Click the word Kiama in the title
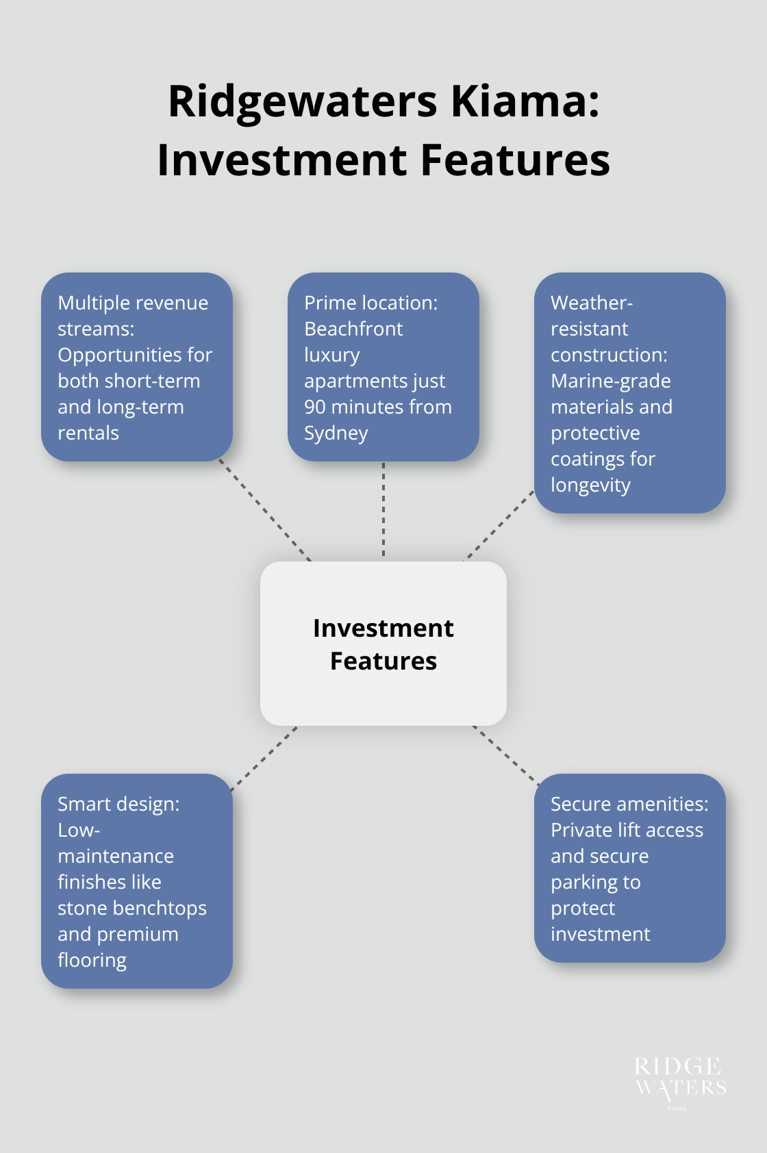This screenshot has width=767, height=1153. tap(525, 101)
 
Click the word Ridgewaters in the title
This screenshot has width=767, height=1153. tap(302, 101)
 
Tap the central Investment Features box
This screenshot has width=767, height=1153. tap(383, 644)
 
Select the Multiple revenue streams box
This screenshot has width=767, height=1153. tap(137, 367)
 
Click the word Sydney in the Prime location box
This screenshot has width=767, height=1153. tap(336, 433)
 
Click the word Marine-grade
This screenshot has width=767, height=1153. tap(610, 381)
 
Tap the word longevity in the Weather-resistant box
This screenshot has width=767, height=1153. tap(590, 485)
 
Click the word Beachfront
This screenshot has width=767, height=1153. tap(353, 329)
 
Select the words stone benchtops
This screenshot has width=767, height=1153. tap(132, 908)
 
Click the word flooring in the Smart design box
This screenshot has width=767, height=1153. tap(92, 960)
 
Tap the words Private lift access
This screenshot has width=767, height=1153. tap(627, 830)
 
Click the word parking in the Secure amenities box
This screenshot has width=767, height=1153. tap(580, 883)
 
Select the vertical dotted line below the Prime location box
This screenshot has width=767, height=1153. tap(383, 510)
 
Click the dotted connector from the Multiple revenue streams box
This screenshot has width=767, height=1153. tap(265, 510)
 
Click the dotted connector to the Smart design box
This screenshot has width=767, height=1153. tap(264, 759)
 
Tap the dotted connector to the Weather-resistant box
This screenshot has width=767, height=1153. tap(499, 525)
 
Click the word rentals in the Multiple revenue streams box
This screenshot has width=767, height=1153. tap(88, 433)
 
